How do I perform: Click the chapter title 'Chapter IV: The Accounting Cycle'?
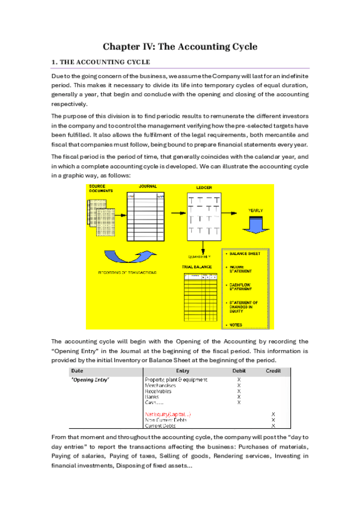(x=180, y=46)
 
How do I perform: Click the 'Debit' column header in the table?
(x=239, y=371)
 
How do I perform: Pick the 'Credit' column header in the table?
(x=273, y=371)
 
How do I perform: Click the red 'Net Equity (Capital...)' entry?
(x=168, y=414)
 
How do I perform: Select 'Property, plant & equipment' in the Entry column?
(x=176, y=380)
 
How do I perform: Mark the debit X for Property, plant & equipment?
(x=239, y=380)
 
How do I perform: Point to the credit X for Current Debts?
(x=273, y=426)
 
